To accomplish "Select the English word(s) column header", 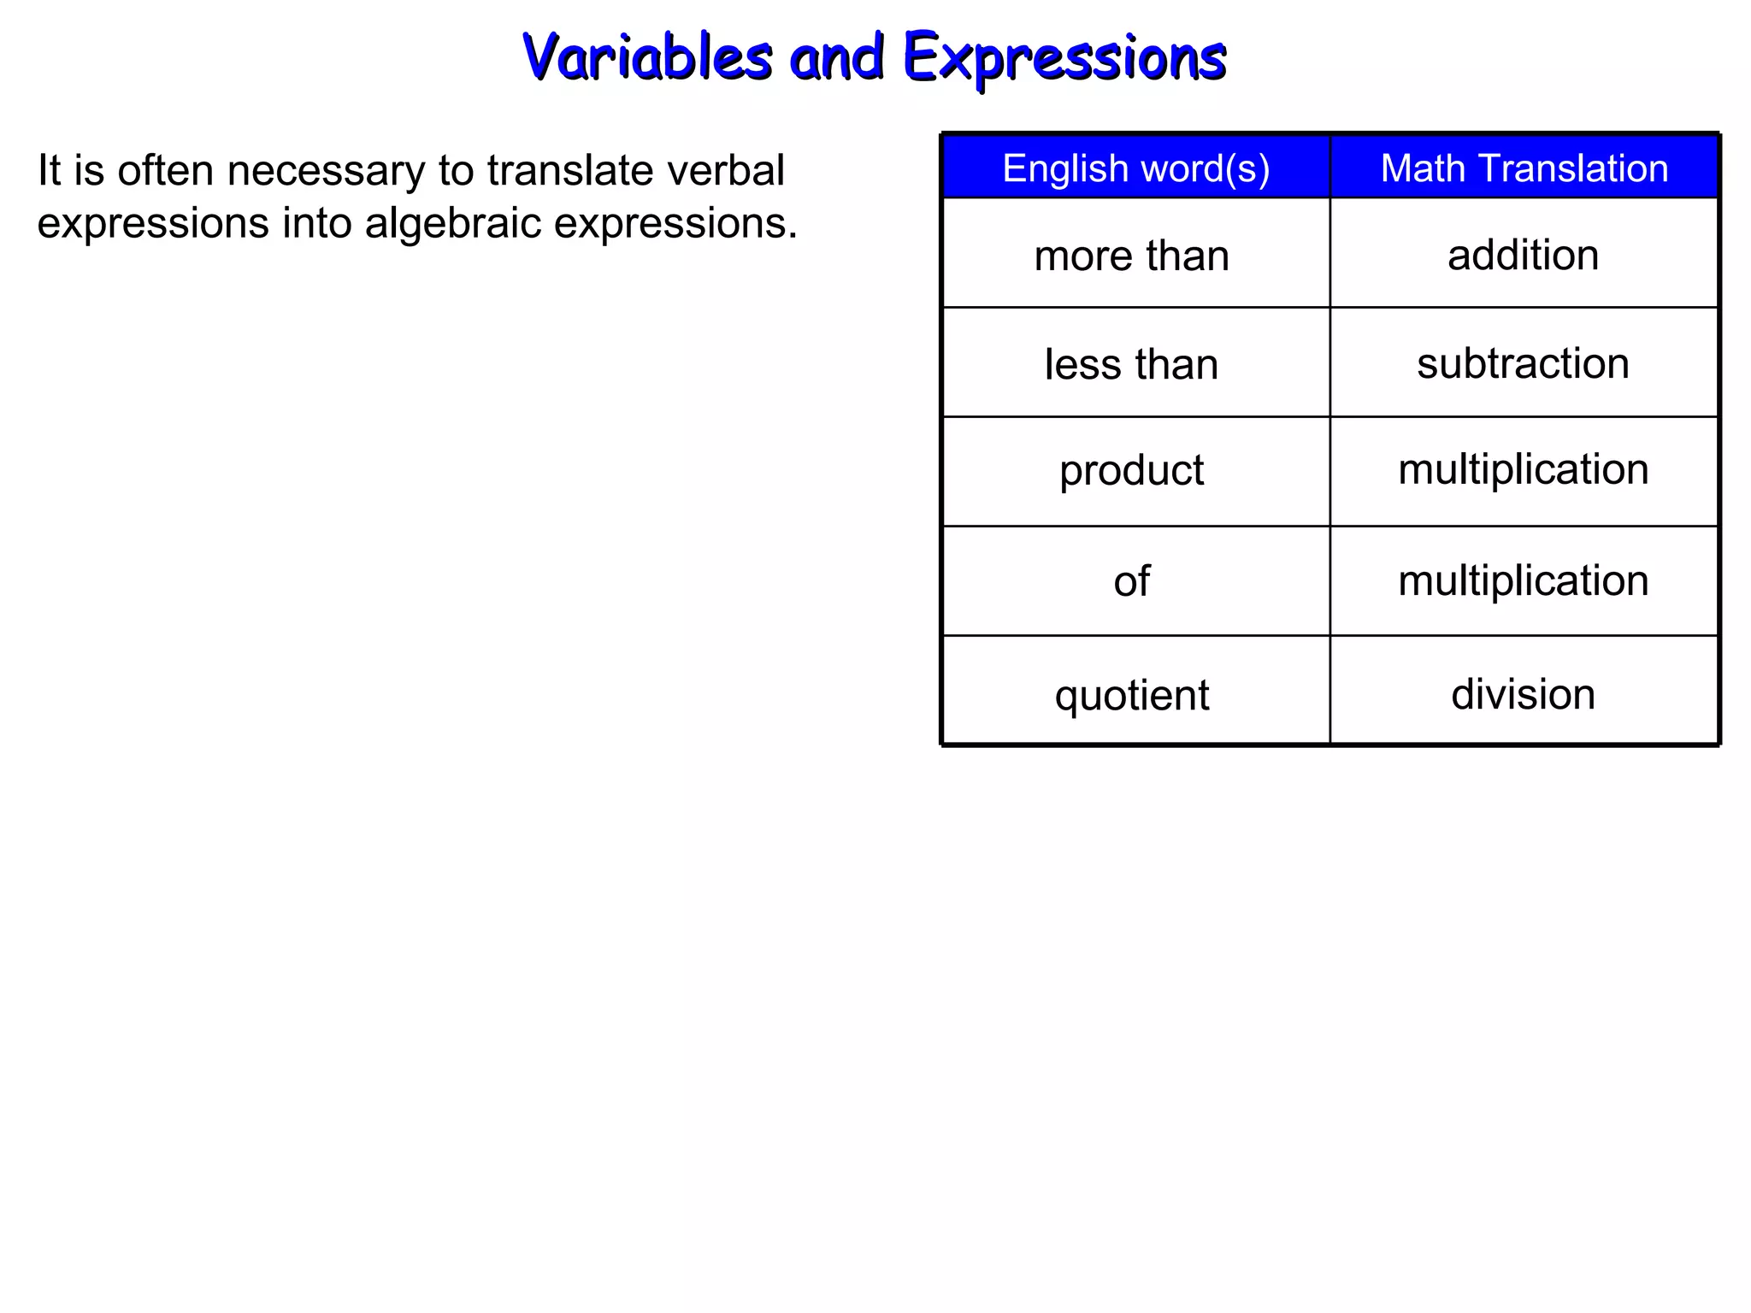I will pyautogui.click(x=1135, y=168).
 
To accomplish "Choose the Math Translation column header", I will pyautogui.click(x=1524, y=168).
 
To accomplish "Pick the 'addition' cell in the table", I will pyautogui.click(x=1523, y=255).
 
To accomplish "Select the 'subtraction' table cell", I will pyautogui.click(x=1523, y=363).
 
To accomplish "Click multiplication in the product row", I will pyautogui.click(x=1523, y=469).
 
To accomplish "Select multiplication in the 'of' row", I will pyautogui.click(x=1523, y=580).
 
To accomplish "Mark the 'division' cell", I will pyautogui.click(x=1523, y=693).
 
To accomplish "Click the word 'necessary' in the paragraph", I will pyautogui.click(x=327, y=170).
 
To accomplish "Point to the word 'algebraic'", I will pyautogui.click(x=453, y=223).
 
